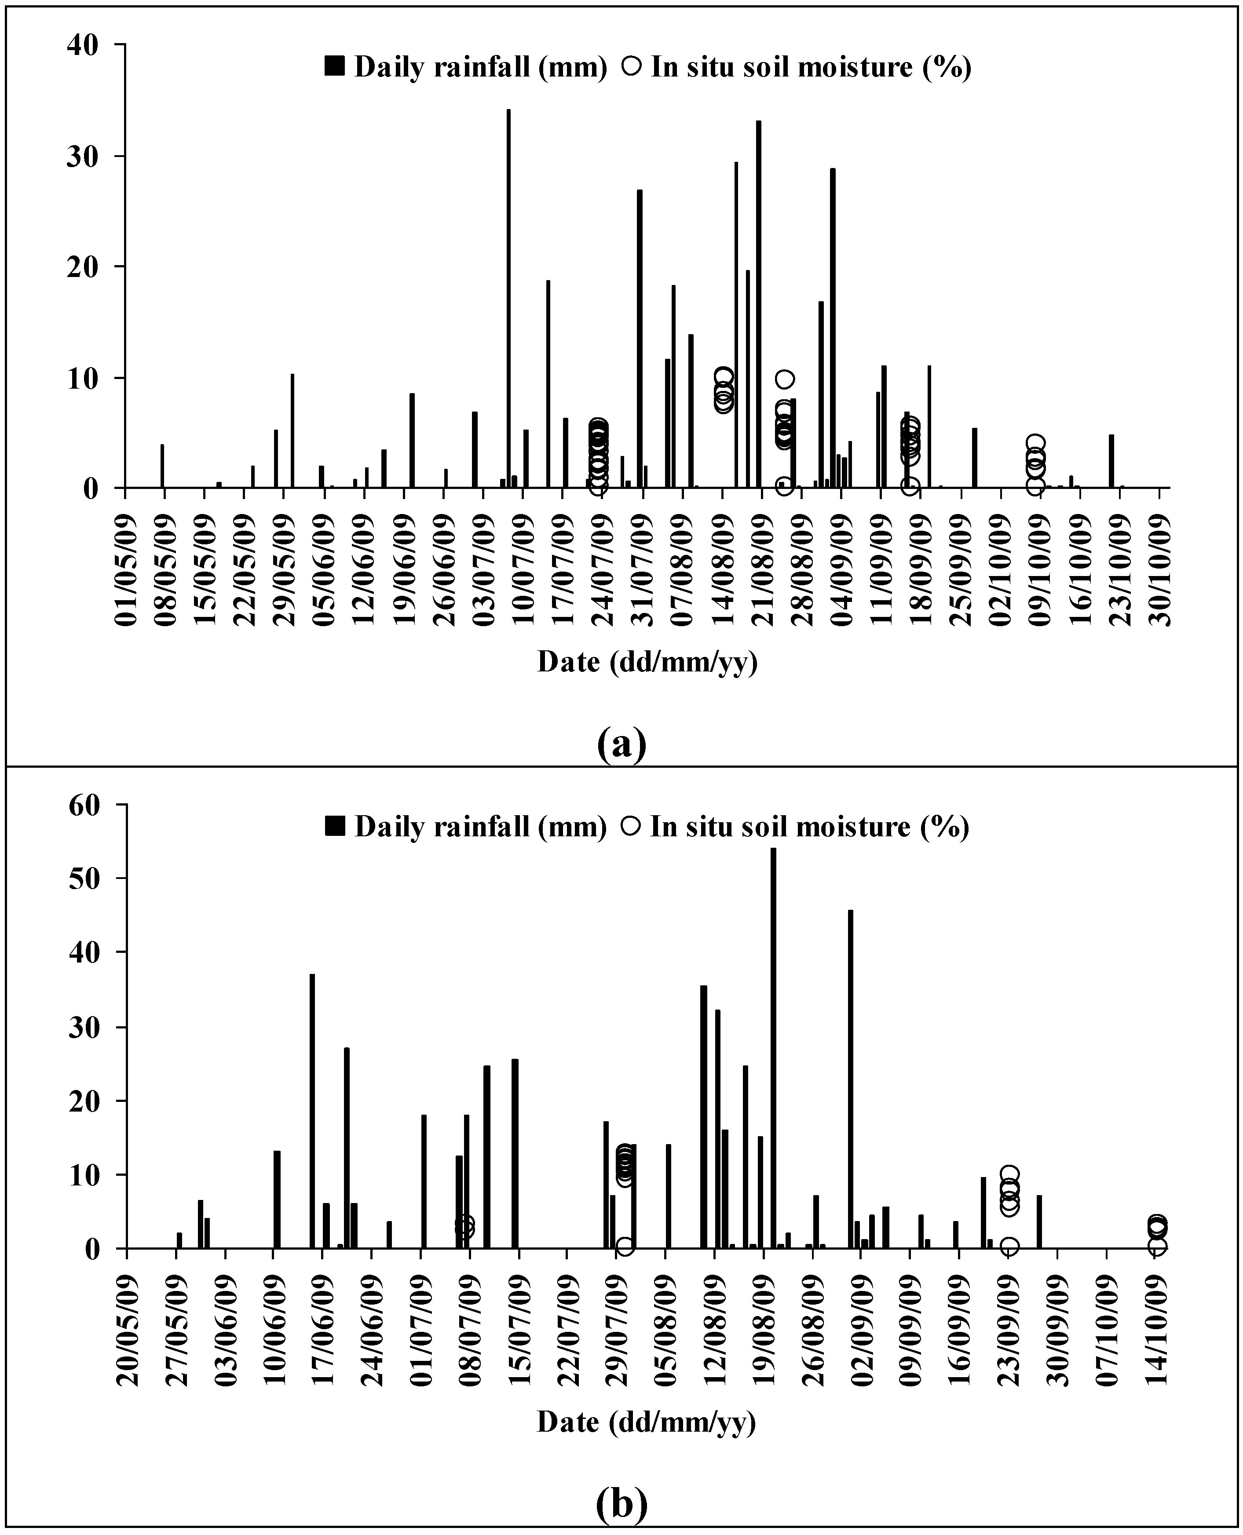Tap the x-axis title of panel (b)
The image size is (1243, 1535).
click(647, 1422)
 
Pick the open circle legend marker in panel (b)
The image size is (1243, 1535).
click(631, 827)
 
